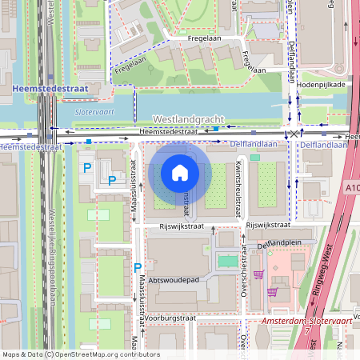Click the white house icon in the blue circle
coord(180,173)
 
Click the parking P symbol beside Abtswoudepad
coord(138,267)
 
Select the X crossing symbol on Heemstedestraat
coord(294,134)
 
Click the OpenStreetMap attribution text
coord(80,354)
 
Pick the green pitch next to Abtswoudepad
coord(228,261)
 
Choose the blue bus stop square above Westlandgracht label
coord(215,128)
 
